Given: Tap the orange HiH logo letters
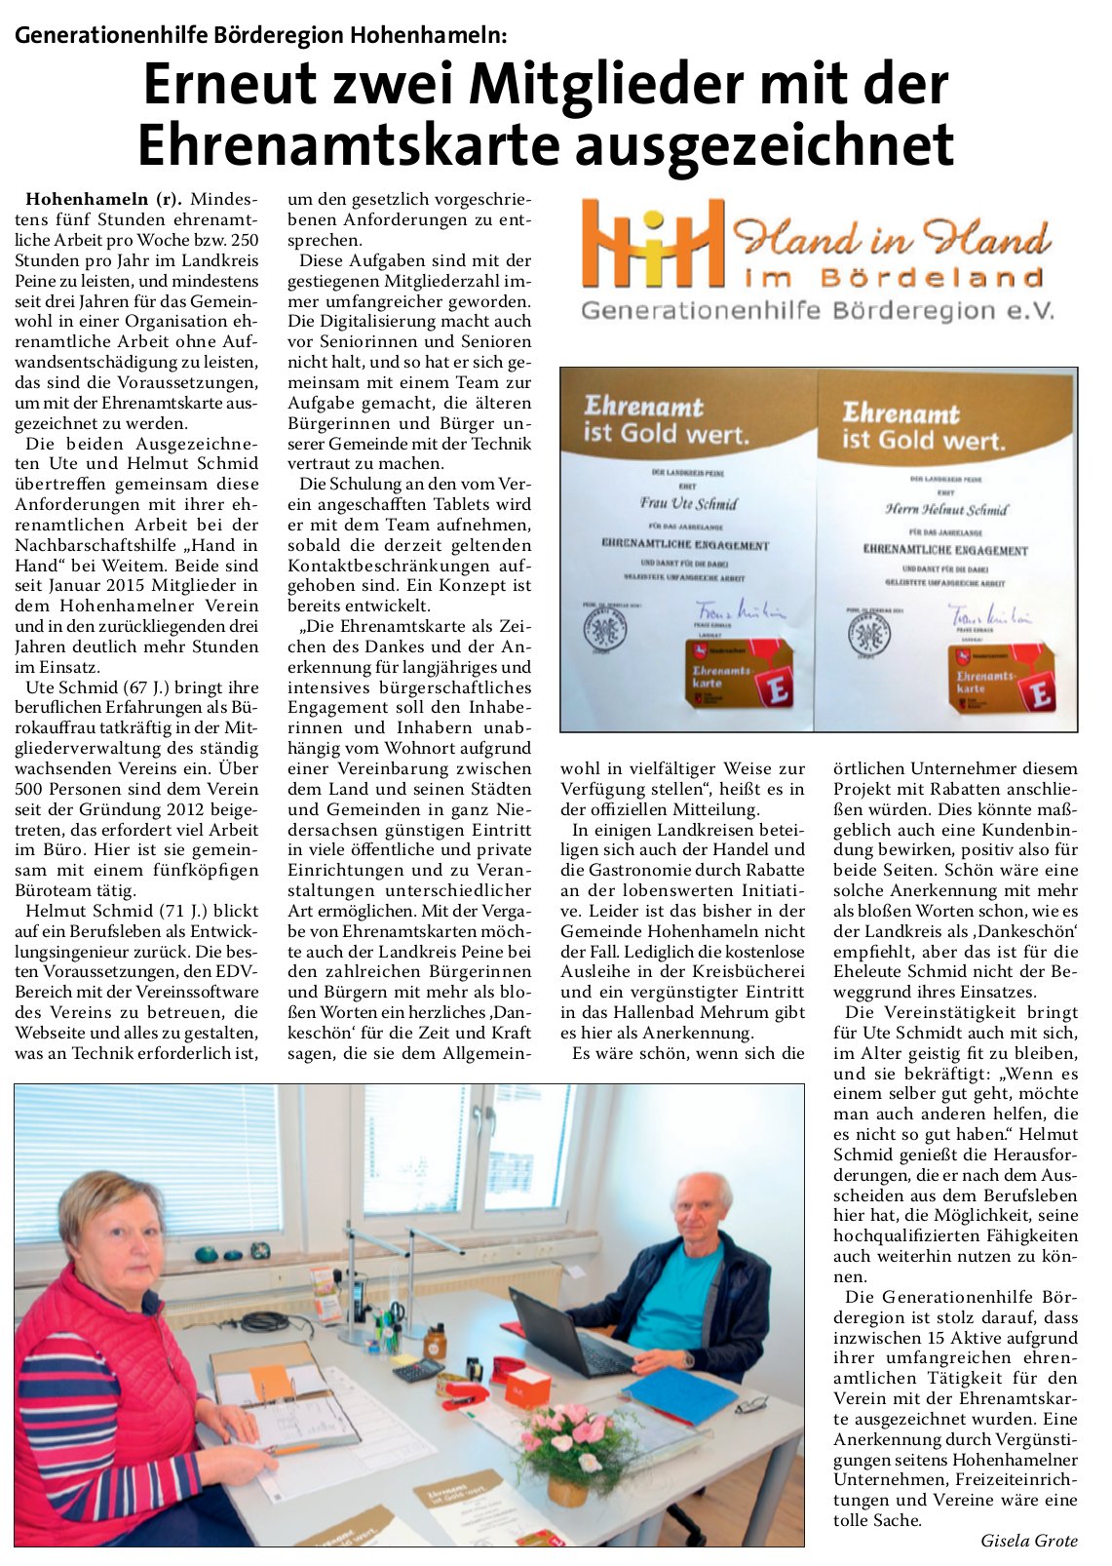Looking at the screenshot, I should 651,247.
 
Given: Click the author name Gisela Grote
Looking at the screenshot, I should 1029,1541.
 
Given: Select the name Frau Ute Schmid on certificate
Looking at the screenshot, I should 688,504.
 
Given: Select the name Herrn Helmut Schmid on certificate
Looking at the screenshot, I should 946,509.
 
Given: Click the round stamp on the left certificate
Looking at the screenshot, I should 604,629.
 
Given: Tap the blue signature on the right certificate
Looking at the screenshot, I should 990,615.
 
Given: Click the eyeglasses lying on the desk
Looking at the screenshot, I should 751,1406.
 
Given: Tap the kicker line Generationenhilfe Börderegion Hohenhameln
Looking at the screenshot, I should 261,36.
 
